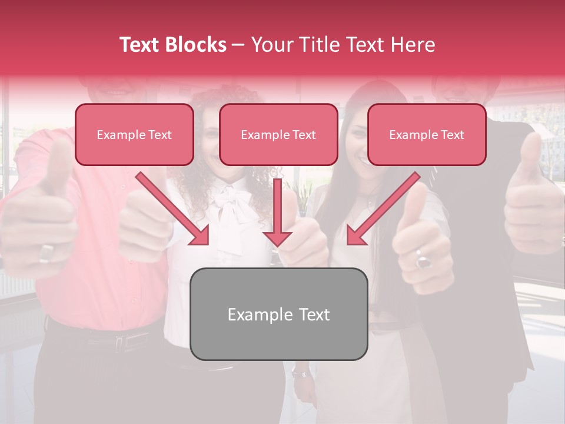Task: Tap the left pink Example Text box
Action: [x=134, y=135]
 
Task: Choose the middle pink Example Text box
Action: [x=278, y=135]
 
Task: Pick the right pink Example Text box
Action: [x=427, y=135]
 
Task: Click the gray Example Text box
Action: [x=279, y=314]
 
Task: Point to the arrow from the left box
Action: [x=174, y=209]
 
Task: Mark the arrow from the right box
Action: [x=383, y=209]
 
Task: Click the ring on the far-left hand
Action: [x=46, y=253]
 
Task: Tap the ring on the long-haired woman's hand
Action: [x=423, y=259]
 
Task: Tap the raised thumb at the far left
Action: [x=59, y=159]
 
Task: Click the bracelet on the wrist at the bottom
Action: [x=301, y=373]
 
